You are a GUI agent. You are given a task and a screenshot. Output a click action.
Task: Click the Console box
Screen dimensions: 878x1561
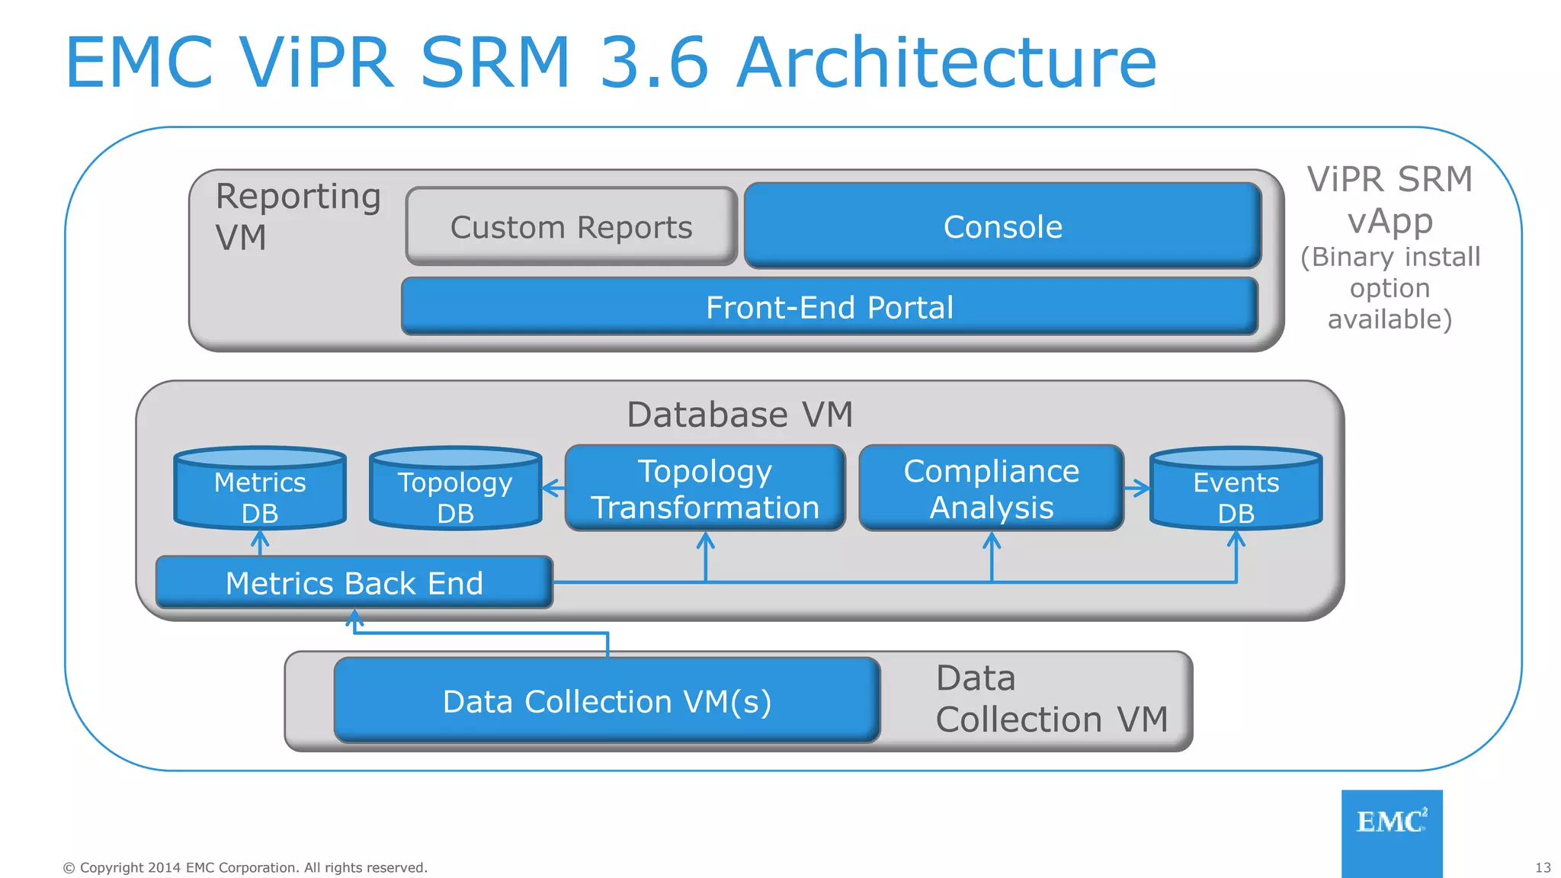1002,226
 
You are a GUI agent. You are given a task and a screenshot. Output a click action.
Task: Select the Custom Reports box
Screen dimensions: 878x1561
571,227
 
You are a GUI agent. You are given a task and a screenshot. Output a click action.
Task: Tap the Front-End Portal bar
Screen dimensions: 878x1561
829,307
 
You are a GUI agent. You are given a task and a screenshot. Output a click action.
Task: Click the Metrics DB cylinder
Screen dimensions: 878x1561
260,492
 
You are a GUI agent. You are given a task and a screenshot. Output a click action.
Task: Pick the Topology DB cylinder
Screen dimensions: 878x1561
455,492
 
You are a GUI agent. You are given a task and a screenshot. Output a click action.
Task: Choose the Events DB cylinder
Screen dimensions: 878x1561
1236,492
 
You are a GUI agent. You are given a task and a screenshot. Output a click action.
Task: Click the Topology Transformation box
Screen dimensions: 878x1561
705,489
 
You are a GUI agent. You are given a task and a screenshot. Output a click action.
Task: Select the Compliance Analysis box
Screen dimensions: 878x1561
991,489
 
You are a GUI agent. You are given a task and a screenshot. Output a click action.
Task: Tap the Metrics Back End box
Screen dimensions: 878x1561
354,583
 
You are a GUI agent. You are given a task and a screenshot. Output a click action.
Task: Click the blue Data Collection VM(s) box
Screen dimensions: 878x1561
607,701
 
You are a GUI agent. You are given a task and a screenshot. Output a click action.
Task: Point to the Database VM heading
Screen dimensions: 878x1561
739,415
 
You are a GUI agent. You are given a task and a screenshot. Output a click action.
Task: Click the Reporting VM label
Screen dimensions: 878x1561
297,216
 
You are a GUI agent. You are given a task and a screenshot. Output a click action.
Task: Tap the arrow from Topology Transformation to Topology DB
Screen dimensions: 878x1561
553,489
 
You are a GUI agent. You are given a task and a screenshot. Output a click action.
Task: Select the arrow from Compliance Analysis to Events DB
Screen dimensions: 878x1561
1136,489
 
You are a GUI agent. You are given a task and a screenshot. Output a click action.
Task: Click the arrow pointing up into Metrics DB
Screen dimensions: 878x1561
260,543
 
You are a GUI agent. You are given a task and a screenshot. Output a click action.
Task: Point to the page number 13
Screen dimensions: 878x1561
1543,867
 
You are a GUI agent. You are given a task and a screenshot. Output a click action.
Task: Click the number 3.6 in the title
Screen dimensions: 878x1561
654,62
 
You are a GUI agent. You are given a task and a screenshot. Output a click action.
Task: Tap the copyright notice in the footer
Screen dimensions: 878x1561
245,867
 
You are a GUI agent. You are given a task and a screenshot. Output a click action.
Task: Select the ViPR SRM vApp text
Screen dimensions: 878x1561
1390,200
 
